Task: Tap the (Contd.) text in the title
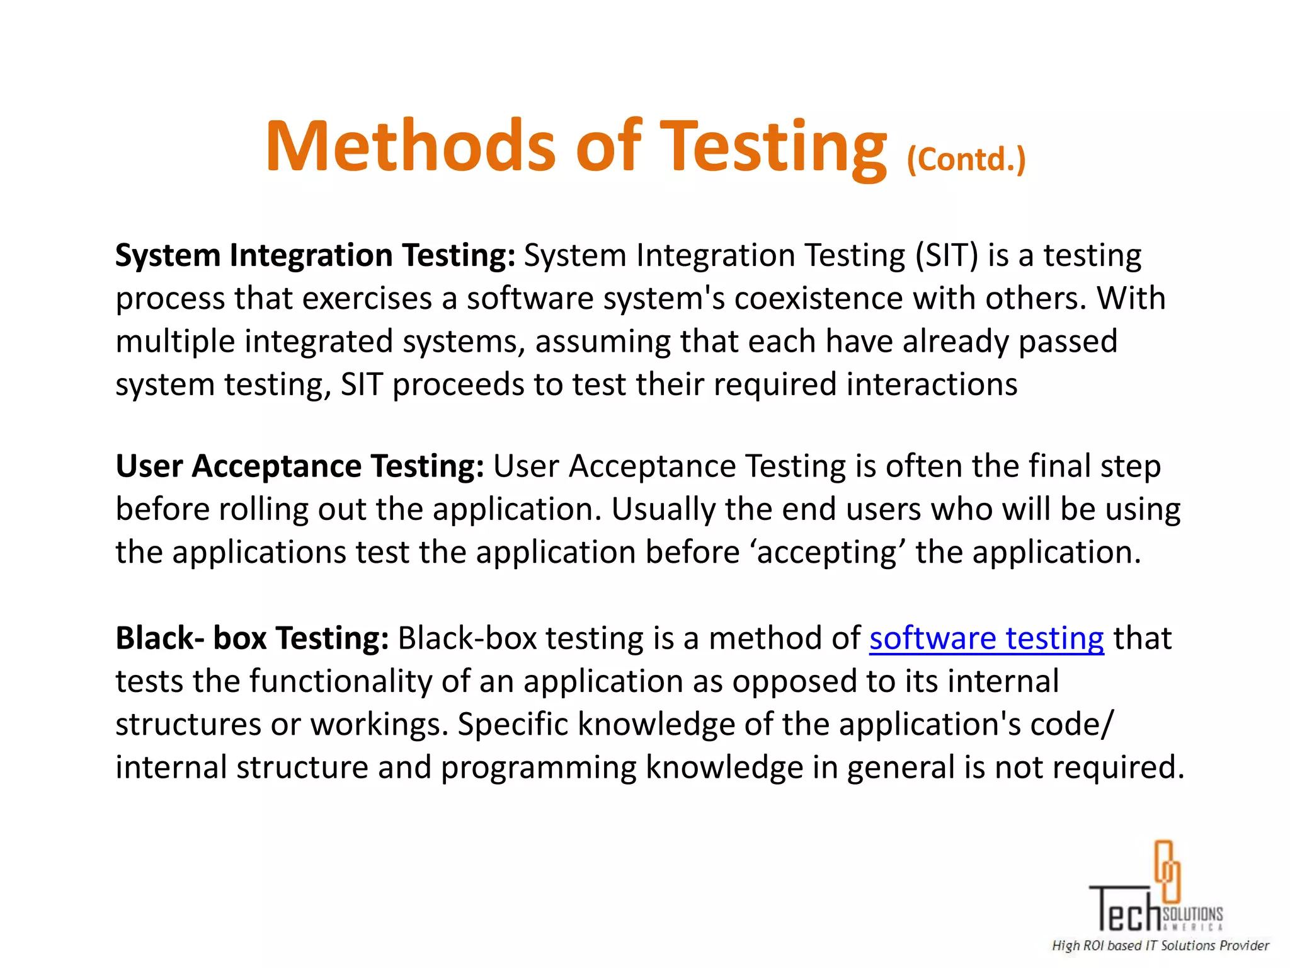[x=966, y=160]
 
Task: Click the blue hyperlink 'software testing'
[x=986, y=638]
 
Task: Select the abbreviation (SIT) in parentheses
[x=947, y=256]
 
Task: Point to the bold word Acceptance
[x=277, y=466]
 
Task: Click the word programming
[x=538, y=768]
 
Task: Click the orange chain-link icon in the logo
[x=1167, y=870]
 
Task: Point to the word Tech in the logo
[x=1125, y=909]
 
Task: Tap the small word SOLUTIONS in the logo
[x=1192, y=914]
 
